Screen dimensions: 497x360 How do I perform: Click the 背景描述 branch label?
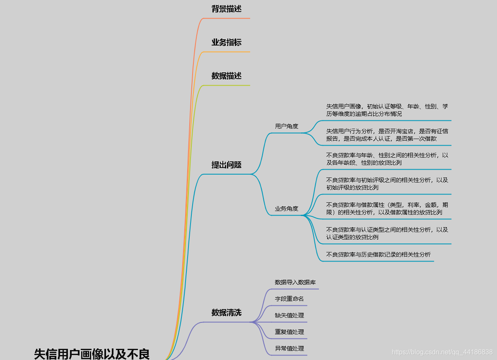226,9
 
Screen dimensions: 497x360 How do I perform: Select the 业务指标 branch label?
226,43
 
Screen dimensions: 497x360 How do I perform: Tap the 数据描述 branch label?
226,76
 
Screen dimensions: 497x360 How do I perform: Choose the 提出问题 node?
226,165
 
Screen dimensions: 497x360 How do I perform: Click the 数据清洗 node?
226,313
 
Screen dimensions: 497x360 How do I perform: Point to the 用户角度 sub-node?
287,126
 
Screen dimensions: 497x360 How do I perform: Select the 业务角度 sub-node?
287,209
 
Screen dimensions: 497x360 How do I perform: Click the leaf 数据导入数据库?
295,282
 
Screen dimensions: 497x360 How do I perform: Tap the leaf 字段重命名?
290,299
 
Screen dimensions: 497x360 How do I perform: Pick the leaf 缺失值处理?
290,315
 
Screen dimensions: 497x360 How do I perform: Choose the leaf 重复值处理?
290,332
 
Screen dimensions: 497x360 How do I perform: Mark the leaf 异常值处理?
290,348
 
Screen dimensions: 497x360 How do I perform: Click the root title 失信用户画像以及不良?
92,354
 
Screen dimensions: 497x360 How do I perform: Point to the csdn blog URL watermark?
442,352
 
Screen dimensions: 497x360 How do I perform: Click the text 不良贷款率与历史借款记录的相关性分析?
378,254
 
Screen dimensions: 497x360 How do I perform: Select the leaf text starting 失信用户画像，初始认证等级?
387,110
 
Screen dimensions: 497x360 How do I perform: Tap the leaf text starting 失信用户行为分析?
387,135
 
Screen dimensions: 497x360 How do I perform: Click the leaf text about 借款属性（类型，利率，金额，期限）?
387,209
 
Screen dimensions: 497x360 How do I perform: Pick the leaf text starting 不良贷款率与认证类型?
387,233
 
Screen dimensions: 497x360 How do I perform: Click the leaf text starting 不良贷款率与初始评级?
387,184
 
